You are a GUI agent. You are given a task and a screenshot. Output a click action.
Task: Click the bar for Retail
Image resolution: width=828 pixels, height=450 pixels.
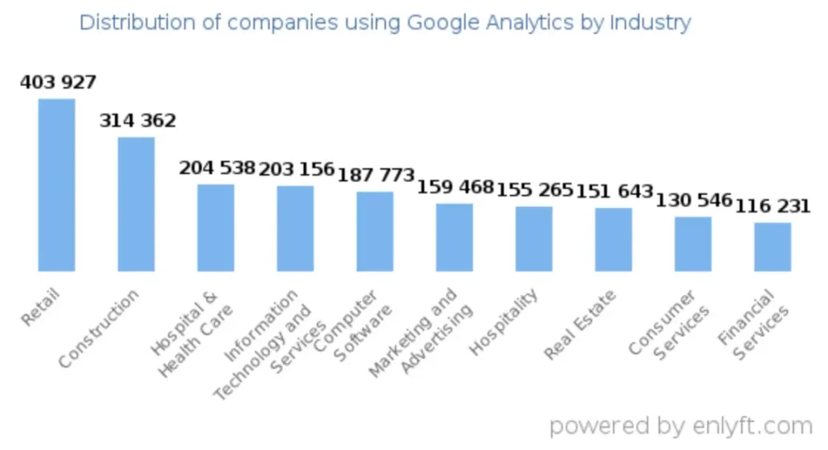coord(56,185)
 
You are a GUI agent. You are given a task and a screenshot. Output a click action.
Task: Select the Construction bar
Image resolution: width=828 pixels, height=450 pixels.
coord(136,204)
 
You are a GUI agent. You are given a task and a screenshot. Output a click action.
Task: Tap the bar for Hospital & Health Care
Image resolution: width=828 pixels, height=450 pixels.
coord(215,228)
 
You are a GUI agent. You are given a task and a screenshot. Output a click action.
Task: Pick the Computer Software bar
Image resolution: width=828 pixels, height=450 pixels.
coord(375,231)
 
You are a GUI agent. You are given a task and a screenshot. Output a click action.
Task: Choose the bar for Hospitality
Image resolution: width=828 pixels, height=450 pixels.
coord(534,239)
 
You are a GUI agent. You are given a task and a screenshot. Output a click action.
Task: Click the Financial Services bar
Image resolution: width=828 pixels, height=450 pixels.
coord(773,246)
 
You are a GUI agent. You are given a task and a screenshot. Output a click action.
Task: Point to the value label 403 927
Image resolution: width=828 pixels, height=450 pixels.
coord(58,82)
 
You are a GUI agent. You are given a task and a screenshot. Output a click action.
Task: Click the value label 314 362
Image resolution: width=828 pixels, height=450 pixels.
coord(137,121)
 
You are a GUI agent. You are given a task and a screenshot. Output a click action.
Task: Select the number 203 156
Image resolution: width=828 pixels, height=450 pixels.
coord(296,169)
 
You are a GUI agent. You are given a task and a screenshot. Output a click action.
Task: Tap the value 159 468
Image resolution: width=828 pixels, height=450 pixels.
coord(455,186)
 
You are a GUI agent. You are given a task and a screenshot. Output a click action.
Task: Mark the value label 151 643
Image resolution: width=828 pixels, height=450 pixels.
coord(614,191)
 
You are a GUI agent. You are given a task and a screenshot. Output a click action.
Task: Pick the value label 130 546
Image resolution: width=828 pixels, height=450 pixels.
coord(694,201)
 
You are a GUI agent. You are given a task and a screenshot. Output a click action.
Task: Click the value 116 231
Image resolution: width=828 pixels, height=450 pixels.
coord(772,206)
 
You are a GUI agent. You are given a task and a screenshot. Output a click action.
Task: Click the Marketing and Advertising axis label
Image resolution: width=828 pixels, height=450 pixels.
coord(422,331)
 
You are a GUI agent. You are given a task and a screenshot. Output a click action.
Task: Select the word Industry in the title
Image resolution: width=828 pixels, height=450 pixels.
coord(650,22)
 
